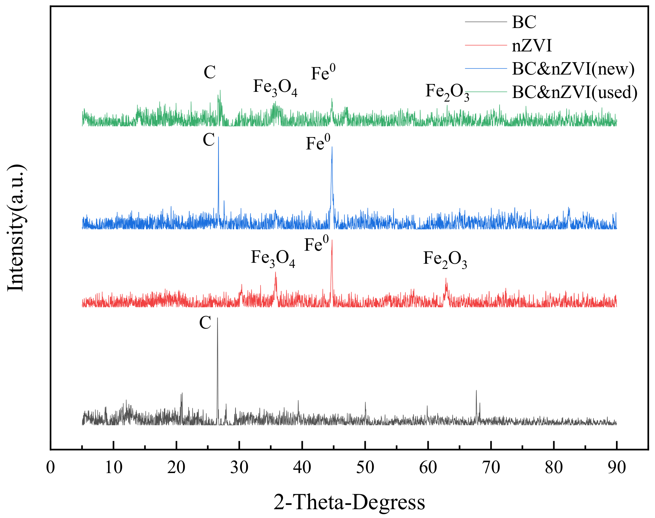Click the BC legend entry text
pyautogui.click(x=524, y=22)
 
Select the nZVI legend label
pyautogui.click(x=532, y=46)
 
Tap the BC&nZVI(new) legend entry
pyautogui.click(x=573, y=69)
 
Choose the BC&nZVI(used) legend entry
pyautogui.click(x=574, y=92)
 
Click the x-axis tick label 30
pyautogui.click(x=239, y=468)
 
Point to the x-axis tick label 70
pyautogui.click(x=491, y=468)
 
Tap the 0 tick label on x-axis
pyautogui.click(x=50, y=468)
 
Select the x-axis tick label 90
pyautogui.click(x=617, y=468)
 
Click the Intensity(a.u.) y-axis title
pyautogui.click(x=16, y=228)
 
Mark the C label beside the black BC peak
pyautogui.click(x=205, y=323)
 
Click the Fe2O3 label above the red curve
pyautogui.click(x=445, y=259)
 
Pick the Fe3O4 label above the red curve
pyautogui.click(x=273, y=258)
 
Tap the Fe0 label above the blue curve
pyautogui.click(x=318, y=143)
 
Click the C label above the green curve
pyautogui.click(x=210, y=72)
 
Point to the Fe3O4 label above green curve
pyautogui.click(x=275, y=88)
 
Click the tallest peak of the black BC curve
pyautogui.click(x=217, y=318)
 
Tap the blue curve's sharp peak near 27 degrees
pyautogui.click(x=218, y=137)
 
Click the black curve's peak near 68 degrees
pyautogui.click(x=476, y=391)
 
